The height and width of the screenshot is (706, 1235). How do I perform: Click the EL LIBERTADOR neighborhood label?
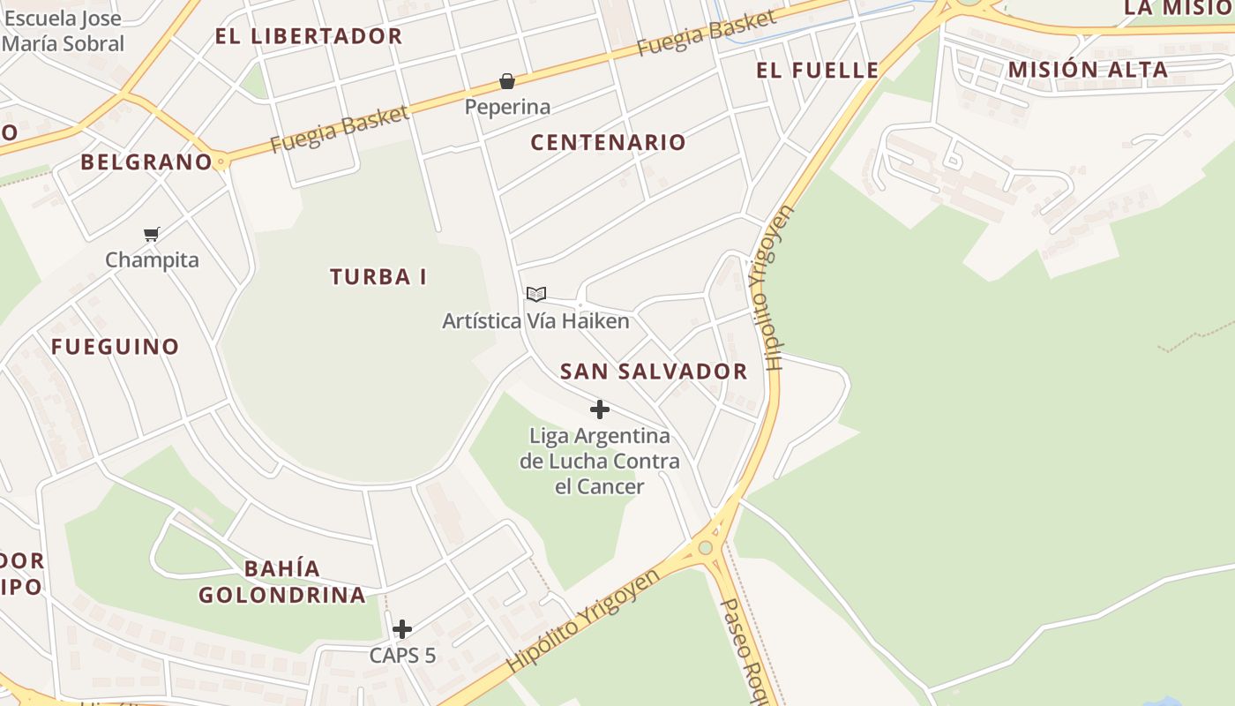pyautogui.click(x=309, y=36)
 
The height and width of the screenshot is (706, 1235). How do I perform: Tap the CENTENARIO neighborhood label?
pyautogui.click(x=608, y=142)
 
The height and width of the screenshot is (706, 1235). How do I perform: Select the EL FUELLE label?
pyautogui.click(x=818, y=71)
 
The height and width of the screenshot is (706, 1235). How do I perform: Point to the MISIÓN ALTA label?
pyautogui.click(x=1088, y=70)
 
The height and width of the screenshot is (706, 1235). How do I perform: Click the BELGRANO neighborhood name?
pyautogui.click(x=146, y=162)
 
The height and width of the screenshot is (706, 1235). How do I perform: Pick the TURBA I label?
pyautogui.click(x=378, y=277)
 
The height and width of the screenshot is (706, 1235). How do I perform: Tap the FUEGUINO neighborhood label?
pyautogui.click(x=115, y=347)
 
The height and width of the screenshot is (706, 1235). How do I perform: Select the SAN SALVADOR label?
pyautogui.click(x=654, y=372)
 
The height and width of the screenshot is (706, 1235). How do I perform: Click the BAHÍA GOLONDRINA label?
pyautogui.click(x=282, y=582)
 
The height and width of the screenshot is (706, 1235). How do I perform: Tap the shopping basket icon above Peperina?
pyautogui.click(x=507, y=82)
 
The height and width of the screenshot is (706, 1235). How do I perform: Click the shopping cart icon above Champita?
pyautogui.click(x=152, y=235)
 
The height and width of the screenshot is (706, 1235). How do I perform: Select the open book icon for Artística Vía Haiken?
pyautogui.click(x=536, y=294)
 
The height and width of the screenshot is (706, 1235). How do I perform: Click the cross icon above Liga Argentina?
pyautogui.click(x=600, y=409)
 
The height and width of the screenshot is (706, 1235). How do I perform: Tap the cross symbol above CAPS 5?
pyautogui.click(x=402, y=629)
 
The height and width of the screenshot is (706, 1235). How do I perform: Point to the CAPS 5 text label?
pyautogui.click(x=402, y=656)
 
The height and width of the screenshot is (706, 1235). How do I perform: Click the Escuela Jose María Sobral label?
pyautogui.click(x=64, y=30)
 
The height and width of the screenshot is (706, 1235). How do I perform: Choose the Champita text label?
pyautogui.click(x=152, y=260)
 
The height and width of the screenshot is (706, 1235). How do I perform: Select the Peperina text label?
pyautogui.click(x=507, y=108)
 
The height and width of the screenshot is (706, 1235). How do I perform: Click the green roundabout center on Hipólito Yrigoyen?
pyautogui.click(x=705, y=548)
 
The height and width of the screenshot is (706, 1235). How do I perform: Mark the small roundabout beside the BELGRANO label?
pyautogui.click(x=221, y=161)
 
